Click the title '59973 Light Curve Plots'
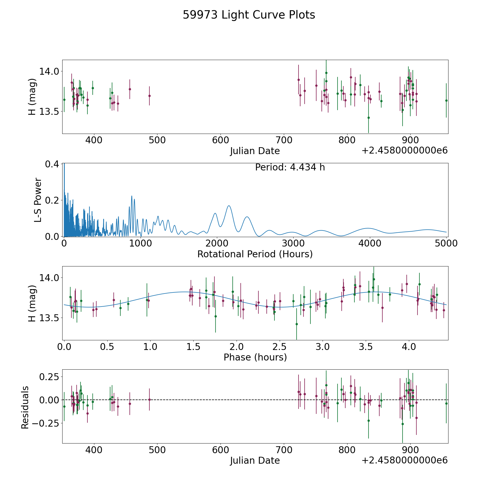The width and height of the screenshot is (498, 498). pyautogui.click(x=249, y=15)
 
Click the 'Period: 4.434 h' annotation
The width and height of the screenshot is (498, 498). pyautogui.click(x=290, y=167)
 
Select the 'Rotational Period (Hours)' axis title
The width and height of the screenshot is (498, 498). pyautogui.click(x=255, y=254)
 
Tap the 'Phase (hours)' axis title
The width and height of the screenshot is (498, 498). pyautogui.click(x=255, y=357)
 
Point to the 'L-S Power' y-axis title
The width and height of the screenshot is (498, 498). pyautogui.click(x=38, y=200)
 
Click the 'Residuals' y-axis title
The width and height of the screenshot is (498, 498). pyautogui.click(x=25, y=407)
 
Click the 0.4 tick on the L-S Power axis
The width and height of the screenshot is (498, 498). pyautogui.click(x=52, y=164)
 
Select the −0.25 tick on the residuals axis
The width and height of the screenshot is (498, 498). pyautogui.click(x=47, y=423)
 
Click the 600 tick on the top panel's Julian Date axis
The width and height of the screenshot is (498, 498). pyautogui.click(x=221, y=140)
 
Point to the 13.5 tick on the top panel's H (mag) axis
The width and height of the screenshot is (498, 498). pyautogui.click(x=49, y=112)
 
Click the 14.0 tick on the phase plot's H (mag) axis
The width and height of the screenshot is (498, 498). pyautogui.click(x=49, y=278)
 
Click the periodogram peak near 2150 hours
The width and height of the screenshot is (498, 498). pyautogui.click(x=229, y=206)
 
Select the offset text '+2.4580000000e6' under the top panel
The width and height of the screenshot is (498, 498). pyautogui.click(x=404, y=151)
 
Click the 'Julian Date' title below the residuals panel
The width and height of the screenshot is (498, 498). pyautogui.click(x=255, y=460)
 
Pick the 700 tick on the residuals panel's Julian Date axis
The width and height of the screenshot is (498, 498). pyautogui.click(x=284, y=450)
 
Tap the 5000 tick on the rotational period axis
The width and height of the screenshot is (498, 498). pyautogui.click(x=446, y=243)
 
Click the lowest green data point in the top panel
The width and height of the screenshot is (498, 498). pyautogui.click(x=369, y=118)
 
